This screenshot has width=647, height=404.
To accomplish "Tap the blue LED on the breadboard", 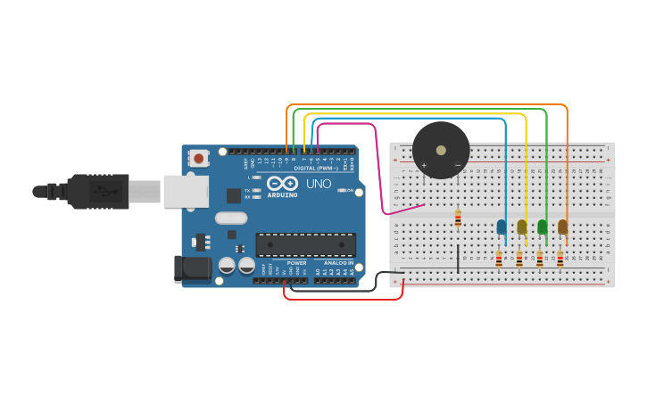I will pos(502,227).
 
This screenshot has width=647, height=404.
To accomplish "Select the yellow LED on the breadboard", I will pos(522,227).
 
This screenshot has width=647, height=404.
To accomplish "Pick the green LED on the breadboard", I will pos(543,227).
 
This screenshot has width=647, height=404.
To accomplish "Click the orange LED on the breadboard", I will pos(563,227).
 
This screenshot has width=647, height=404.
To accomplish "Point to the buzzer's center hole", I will pos(441,150).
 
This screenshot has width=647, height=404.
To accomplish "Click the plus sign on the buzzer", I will pos(424,165).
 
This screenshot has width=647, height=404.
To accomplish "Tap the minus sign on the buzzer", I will pos(458,165).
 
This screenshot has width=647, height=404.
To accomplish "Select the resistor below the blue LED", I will pos(499,259).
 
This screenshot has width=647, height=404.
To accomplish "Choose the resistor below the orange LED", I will pos(560,259).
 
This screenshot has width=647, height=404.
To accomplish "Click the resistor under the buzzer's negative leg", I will pos(458,218).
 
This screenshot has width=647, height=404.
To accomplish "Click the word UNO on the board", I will pos(319,184).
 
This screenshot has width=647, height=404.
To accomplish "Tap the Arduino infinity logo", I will pos(282,183).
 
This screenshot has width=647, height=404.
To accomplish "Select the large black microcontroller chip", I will pos(306,245).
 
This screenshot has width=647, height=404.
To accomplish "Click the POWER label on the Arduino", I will pos(297,263).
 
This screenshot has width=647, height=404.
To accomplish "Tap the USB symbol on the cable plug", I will pos(101,191).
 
